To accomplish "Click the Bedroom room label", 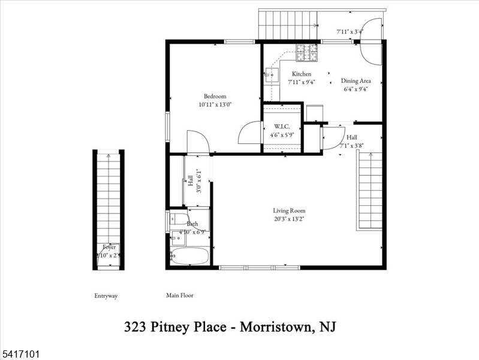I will click(x=215, y=97).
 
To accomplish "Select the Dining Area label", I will click(x=356, y=81).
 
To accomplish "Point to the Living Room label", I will click(x=290, y=211).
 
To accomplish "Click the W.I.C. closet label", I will click(x=283, y=127).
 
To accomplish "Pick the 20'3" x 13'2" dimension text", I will click(x=290, y=218).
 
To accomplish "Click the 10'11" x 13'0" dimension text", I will click(x=215, y=104).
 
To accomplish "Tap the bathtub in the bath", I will click(x=189, y=257).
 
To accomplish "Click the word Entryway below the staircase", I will click(x=106, y=296).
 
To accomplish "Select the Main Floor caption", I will click(x=180, y=295).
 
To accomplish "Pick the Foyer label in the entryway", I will click(x=109, y=247).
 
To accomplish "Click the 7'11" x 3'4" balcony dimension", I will click(x=350, y=31).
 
